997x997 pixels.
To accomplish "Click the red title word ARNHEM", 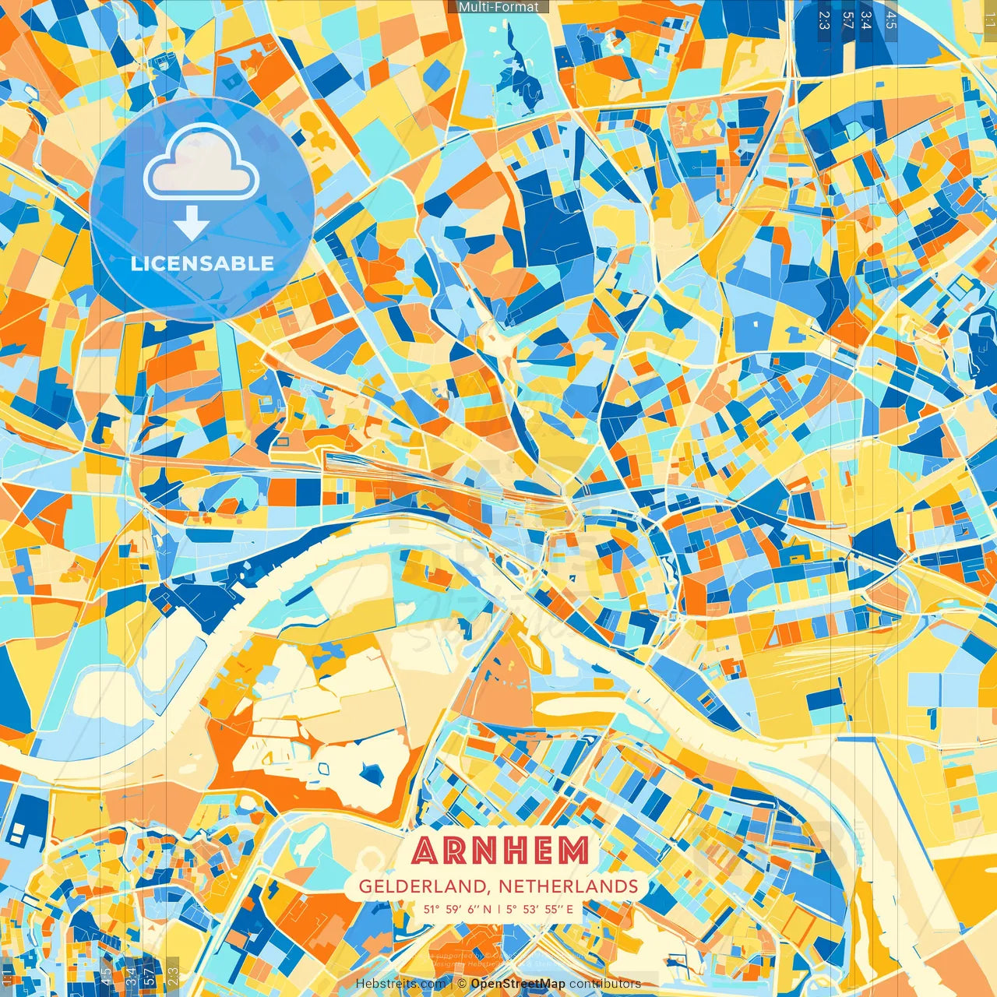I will pos(500,851).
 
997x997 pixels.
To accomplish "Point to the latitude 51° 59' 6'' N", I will pos(457,909).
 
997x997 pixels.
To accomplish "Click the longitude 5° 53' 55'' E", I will pos(539,909).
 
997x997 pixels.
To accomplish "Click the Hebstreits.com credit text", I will pos(400,984).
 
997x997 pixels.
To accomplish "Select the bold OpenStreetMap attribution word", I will pos(518,984).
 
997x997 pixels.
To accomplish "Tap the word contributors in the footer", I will pos(605,984).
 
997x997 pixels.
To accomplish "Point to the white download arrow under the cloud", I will pos(191,224).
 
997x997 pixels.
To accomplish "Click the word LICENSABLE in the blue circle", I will pos(203,263).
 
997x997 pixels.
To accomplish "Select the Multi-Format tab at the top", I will pos(498,7).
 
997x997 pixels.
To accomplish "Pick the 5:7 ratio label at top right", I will pos(848,19).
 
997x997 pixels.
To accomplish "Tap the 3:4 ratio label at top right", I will pos(867,19).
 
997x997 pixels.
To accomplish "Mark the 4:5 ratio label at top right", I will pos(891,19).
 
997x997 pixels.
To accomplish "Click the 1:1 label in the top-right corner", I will pos(988,16).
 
